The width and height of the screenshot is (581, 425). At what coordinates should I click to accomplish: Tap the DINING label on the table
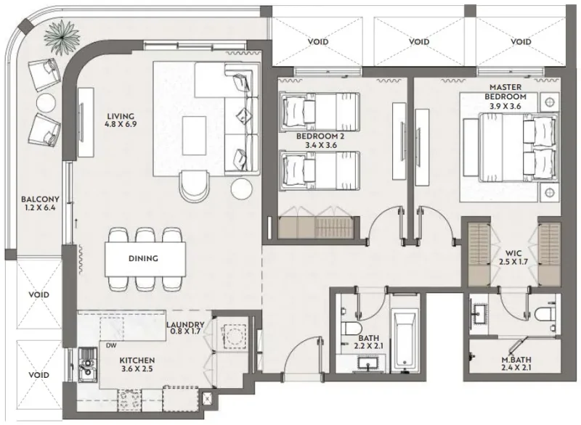144,258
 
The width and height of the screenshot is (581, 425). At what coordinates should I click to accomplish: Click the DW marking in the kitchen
110,345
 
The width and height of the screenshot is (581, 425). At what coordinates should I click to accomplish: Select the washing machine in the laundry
234,334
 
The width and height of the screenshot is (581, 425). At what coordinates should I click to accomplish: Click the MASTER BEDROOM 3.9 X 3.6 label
511,96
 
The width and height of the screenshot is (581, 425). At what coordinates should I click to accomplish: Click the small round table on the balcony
46,103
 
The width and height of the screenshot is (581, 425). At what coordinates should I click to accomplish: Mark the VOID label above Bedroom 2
317,41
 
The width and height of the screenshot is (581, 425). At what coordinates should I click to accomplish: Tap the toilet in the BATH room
349,326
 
